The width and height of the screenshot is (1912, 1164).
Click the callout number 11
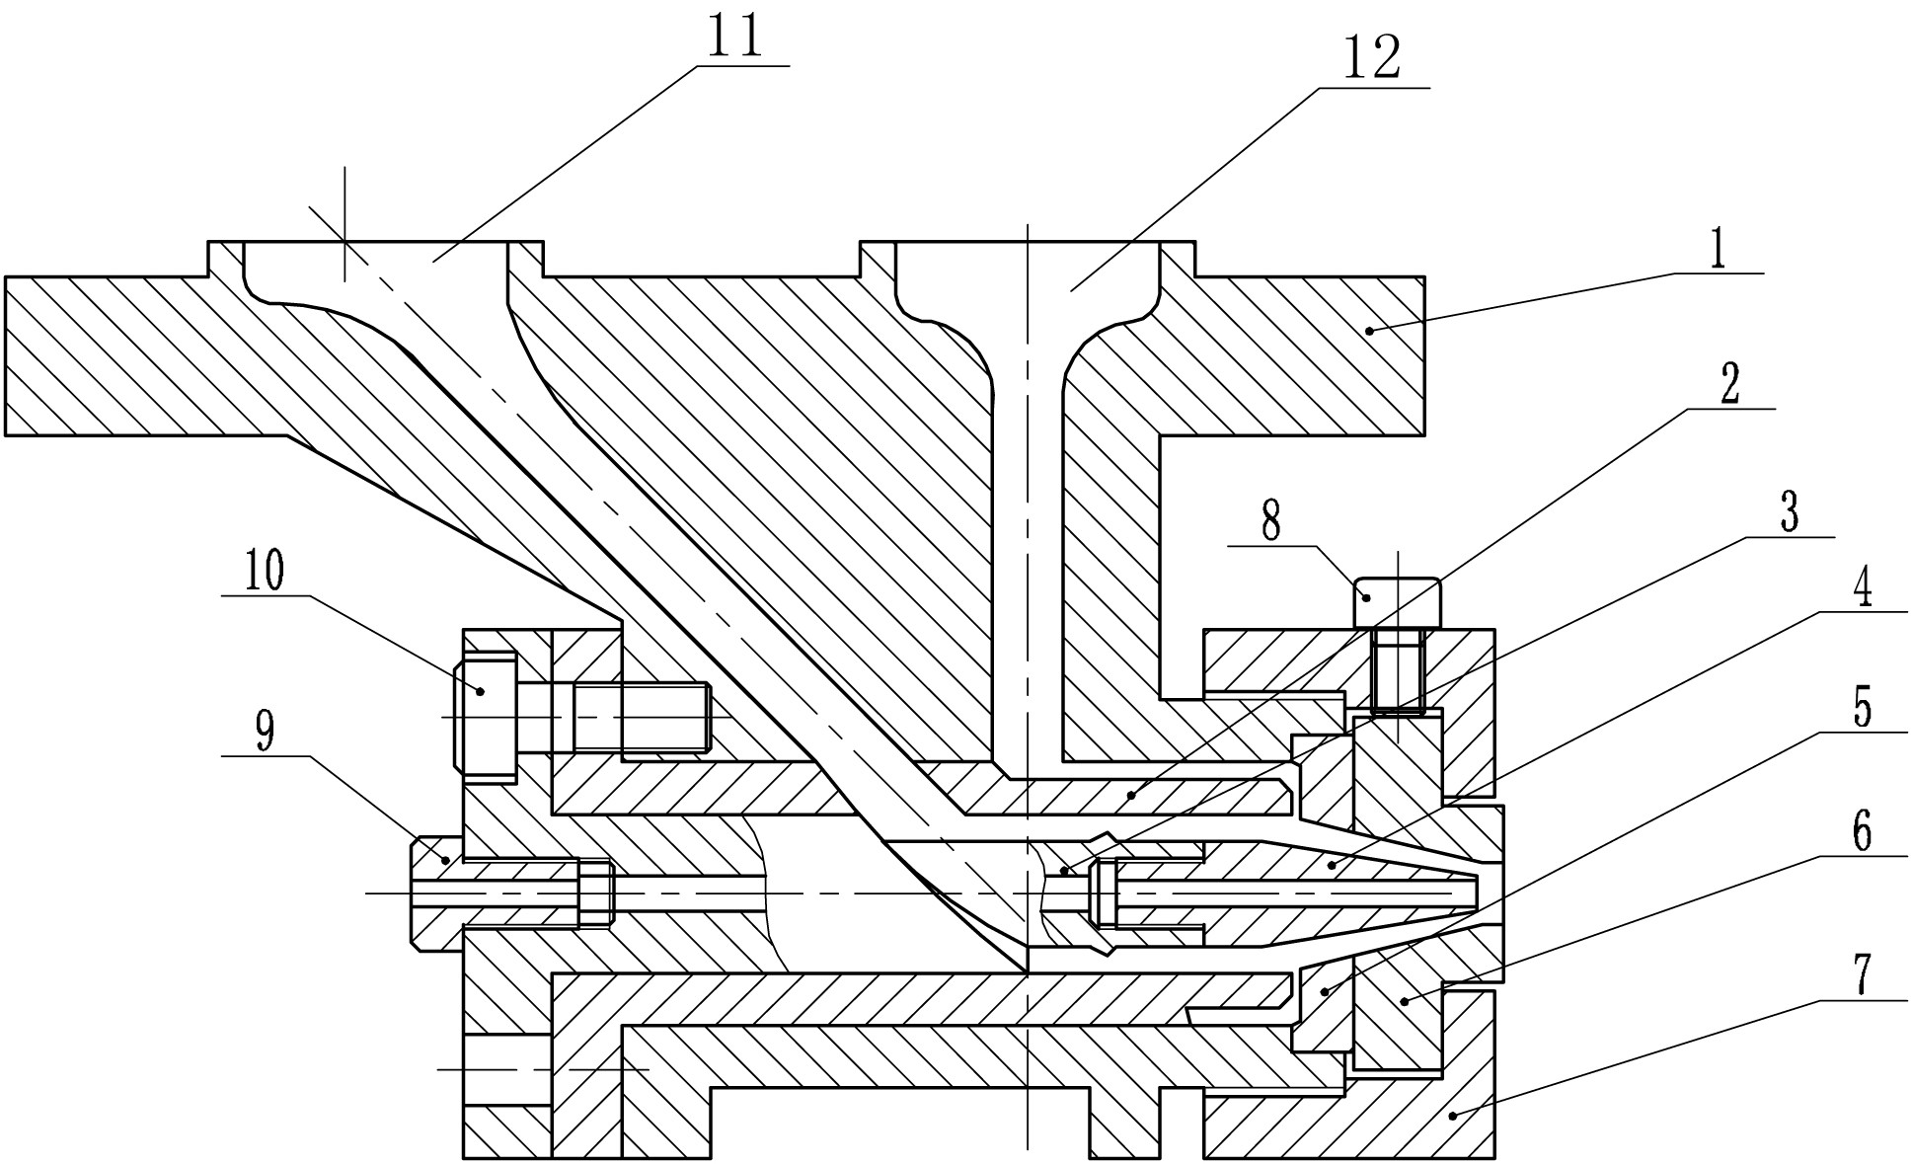736,38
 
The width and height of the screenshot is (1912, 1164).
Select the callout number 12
1372,58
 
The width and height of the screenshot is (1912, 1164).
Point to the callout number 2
1729,386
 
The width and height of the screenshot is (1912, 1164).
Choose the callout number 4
1862,590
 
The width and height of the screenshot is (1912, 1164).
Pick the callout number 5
1862,708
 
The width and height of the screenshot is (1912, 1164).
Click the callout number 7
1862,975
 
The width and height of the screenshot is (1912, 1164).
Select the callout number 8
1271,520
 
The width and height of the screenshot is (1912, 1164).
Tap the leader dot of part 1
1369,331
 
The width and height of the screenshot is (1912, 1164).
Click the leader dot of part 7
1452,1117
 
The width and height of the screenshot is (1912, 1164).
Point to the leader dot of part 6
1404,1002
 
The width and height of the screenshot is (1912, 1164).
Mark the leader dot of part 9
446,861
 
